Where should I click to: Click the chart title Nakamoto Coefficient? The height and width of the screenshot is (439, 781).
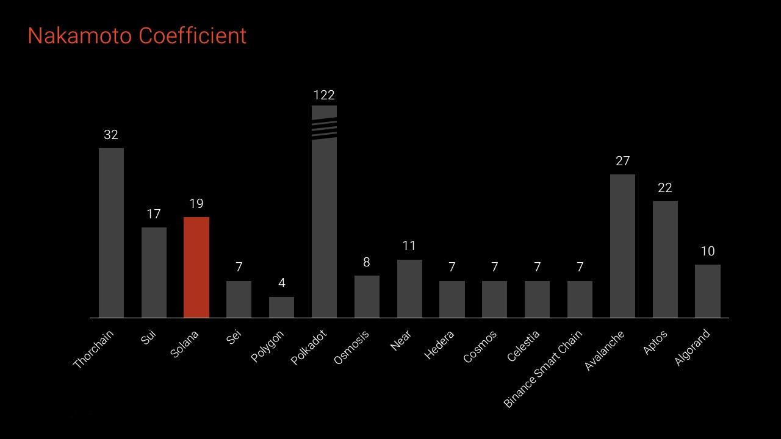137,35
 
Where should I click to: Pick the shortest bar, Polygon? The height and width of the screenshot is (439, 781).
281,307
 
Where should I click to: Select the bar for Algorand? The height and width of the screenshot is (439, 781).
707,291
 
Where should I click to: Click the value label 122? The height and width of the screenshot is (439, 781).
324,95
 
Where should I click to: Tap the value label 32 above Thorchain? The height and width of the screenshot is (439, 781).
111,135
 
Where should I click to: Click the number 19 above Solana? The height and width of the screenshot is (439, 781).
196,204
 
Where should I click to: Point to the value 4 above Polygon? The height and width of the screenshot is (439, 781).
282,283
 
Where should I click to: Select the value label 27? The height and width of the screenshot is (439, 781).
622,161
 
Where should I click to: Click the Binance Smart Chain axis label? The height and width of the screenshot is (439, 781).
542,369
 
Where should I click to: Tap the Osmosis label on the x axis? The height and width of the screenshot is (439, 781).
351,348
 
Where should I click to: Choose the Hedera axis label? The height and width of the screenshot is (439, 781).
439,345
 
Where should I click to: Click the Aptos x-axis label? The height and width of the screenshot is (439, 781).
655,342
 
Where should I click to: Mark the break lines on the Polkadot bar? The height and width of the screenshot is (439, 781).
324,130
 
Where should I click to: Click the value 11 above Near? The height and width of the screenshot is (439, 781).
409,246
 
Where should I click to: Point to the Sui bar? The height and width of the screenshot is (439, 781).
154,273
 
